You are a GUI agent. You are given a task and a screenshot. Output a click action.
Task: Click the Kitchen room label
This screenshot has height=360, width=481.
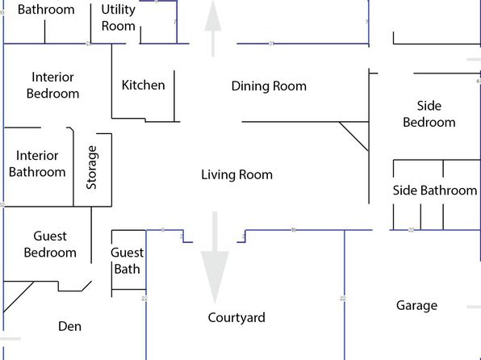(144, 85)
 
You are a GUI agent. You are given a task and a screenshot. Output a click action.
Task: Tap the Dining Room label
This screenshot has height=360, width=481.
(269, 86)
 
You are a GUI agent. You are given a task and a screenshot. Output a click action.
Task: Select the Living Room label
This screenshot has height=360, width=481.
(236, 175)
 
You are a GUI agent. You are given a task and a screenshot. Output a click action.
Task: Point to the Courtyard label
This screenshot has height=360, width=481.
(236, 318)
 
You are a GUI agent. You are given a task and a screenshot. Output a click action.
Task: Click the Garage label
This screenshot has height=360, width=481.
(416, 305)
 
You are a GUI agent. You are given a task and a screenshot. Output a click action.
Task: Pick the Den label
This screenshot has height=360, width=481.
(70, 326)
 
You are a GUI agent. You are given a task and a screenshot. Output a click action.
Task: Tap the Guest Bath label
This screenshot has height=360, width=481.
(127, 261)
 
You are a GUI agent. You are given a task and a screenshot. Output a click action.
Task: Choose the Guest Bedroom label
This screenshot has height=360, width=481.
(50, 245)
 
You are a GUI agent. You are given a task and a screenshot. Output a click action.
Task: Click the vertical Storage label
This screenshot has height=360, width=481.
(92, 167)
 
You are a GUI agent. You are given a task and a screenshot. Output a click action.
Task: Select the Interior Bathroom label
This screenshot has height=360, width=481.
(37, 164)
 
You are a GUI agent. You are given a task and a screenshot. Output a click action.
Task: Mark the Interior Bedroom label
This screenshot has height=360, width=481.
(52, 86)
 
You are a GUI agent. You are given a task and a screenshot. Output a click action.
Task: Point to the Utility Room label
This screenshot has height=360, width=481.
(118, 18)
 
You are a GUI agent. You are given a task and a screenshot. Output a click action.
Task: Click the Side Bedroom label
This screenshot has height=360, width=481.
(429, 114)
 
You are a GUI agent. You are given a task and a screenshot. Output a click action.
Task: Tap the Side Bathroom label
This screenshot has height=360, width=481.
(435, 190)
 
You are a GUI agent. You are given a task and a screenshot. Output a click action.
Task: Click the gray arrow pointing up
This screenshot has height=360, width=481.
(213, 28)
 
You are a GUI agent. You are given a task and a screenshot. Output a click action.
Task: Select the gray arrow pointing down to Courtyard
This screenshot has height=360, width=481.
(215, 257)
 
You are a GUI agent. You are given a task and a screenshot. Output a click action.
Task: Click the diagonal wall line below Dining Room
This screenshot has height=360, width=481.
(353, 136)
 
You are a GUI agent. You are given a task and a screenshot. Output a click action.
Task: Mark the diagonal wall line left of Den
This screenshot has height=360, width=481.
(19, 297)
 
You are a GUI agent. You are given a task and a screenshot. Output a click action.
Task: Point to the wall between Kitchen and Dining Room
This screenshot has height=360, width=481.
(174, 96)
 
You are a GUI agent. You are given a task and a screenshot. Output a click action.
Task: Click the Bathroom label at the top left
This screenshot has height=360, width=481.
(46, 10)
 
